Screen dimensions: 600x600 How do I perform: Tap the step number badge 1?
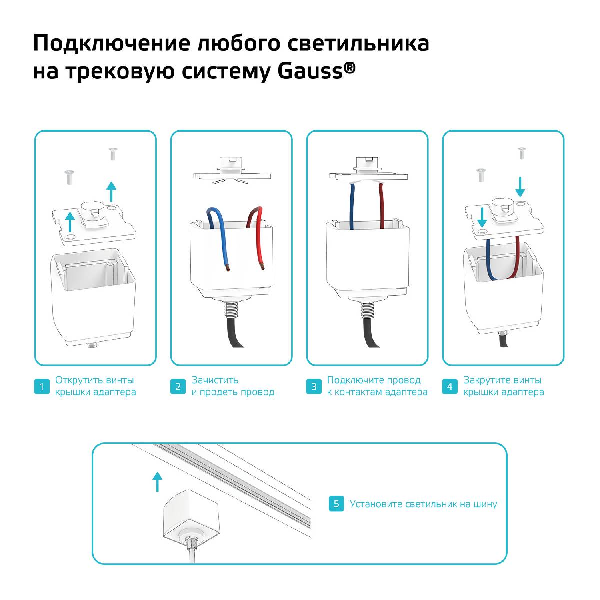pyautogui.click(x=42, y=386)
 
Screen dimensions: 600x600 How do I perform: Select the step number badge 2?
pyautogui.click(x=178, y=386)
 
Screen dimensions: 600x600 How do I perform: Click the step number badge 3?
pyautogui.click(x=314, y=386)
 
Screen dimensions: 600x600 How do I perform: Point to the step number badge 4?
pyautogui.click(x=450, y=386)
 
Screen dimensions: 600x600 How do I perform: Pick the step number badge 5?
pyautogui.click(x=336, y=504)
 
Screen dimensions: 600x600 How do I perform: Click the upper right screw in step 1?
pyautogui.click(x=112, y=153)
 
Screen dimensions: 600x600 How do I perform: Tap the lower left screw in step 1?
pyautogui.click(x=68, y=176)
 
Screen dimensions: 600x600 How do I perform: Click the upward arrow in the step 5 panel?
pyautogui.click(x=157, y=481)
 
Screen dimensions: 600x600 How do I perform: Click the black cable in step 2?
pyautogui.click(x=235, y=332)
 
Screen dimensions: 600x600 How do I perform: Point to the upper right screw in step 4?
pyautogui.click(x=522, y=153)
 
